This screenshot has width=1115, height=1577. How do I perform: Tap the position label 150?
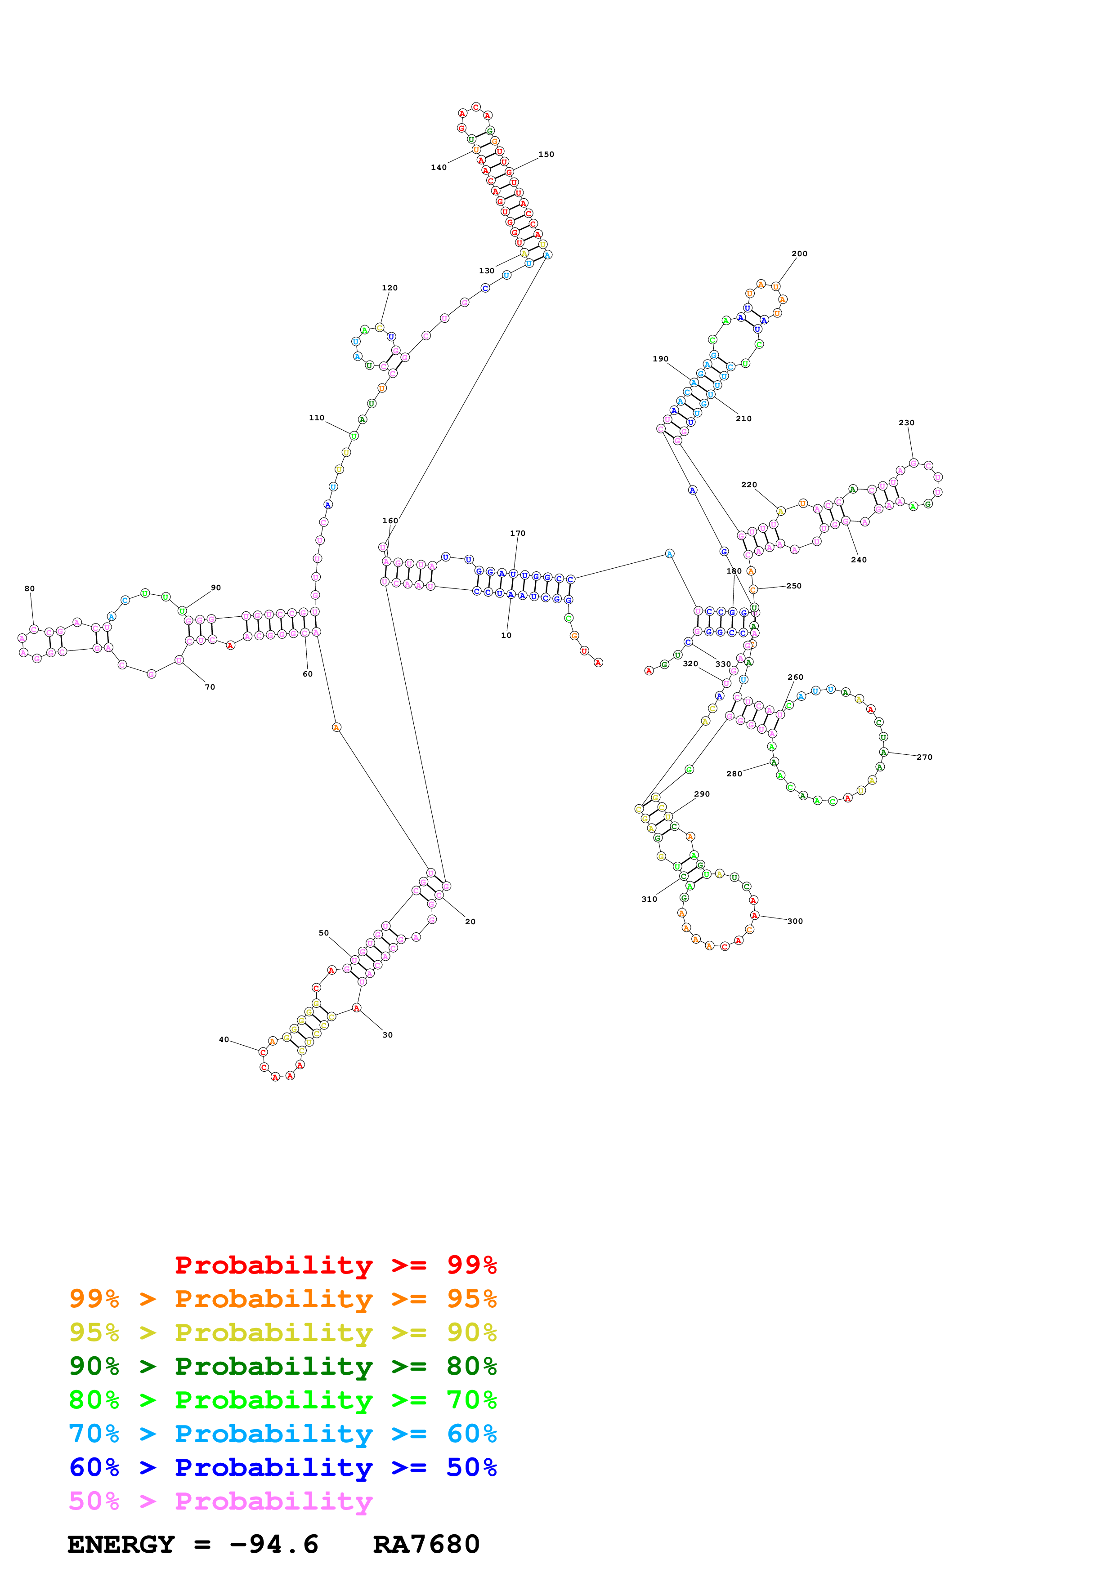point(546,155)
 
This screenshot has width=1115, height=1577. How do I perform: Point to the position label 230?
point(906,423)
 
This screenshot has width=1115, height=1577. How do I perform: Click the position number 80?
point(30,588)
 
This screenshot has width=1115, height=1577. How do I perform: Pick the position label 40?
point(224,1039)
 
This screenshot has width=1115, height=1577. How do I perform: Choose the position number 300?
point(795,921)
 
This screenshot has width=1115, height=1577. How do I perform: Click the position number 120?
point(390,288)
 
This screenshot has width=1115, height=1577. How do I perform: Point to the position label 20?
point(470,922)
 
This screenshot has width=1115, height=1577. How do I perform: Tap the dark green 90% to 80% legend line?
point(282,1366)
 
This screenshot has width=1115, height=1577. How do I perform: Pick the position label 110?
point(316,418)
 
